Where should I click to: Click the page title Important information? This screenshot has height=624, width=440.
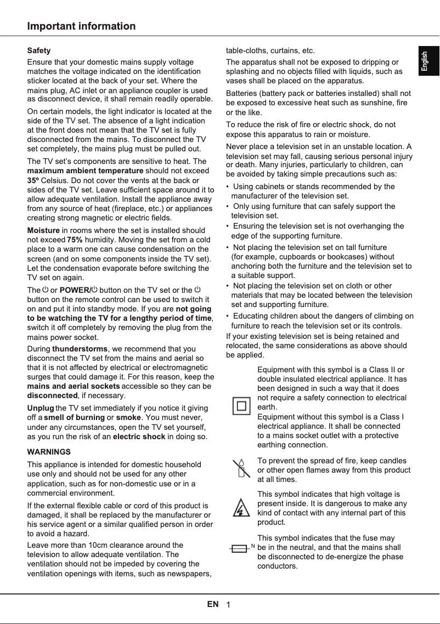pos(81,26)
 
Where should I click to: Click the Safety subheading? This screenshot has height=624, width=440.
pos(39,50)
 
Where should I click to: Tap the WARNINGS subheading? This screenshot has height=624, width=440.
pos(49,452)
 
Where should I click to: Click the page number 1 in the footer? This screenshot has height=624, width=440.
pos(228,605)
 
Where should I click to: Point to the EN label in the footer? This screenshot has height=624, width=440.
pos(213,604)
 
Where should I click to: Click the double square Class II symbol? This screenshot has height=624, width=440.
pos(241,406)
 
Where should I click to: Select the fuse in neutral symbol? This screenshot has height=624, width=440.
pos(242,548)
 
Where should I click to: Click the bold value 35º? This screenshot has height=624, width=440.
pos(33,180)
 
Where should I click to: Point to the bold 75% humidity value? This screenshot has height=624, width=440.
pos(75,240)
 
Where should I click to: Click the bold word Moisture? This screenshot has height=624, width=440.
pos(43,230)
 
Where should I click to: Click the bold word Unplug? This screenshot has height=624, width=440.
pos(40,408)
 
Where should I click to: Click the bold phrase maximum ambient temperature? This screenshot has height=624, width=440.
pos(85,171)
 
